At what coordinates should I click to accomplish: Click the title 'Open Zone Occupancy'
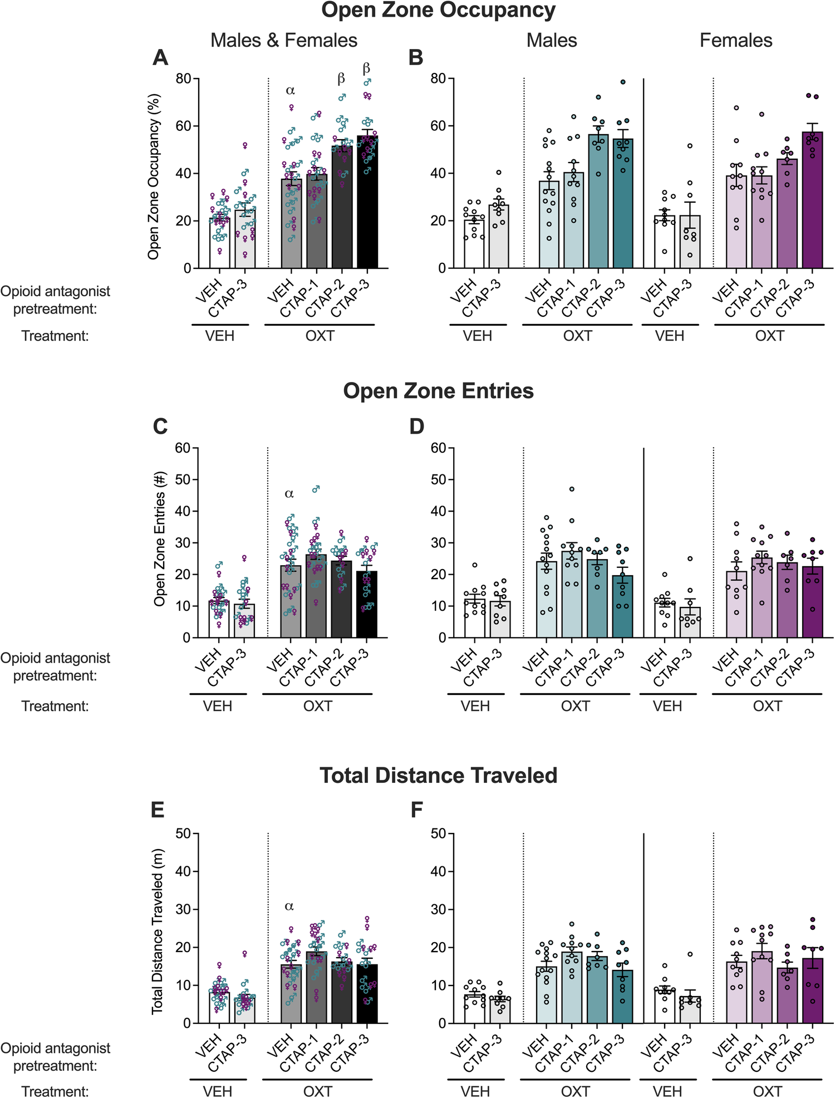(438, 11)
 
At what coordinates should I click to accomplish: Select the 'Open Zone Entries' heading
(438, 391)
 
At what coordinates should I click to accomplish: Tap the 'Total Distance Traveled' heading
(438, 775)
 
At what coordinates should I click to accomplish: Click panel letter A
(160, 58)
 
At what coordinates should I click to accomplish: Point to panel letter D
(416, 427)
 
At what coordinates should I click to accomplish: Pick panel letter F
(416, 810)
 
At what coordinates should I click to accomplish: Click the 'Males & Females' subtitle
(284, 40)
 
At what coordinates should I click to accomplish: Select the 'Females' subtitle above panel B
(736, 40)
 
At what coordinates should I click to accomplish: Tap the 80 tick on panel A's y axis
(183, 79)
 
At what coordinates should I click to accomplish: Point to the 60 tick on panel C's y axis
(183, 448)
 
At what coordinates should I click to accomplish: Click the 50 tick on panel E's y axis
(183, 834)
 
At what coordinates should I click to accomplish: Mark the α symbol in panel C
(289, 493)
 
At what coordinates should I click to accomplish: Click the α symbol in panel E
(289, 906)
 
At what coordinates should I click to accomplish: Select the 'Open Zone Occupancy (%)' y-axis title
(154, 176)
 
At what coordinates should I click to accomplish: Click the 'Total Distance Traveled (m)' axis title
(157, 931)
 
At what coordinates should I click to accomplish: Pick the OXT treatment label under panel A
(320, 336)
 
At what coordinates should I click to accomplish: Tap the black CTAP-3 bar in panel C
(367, 607)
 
